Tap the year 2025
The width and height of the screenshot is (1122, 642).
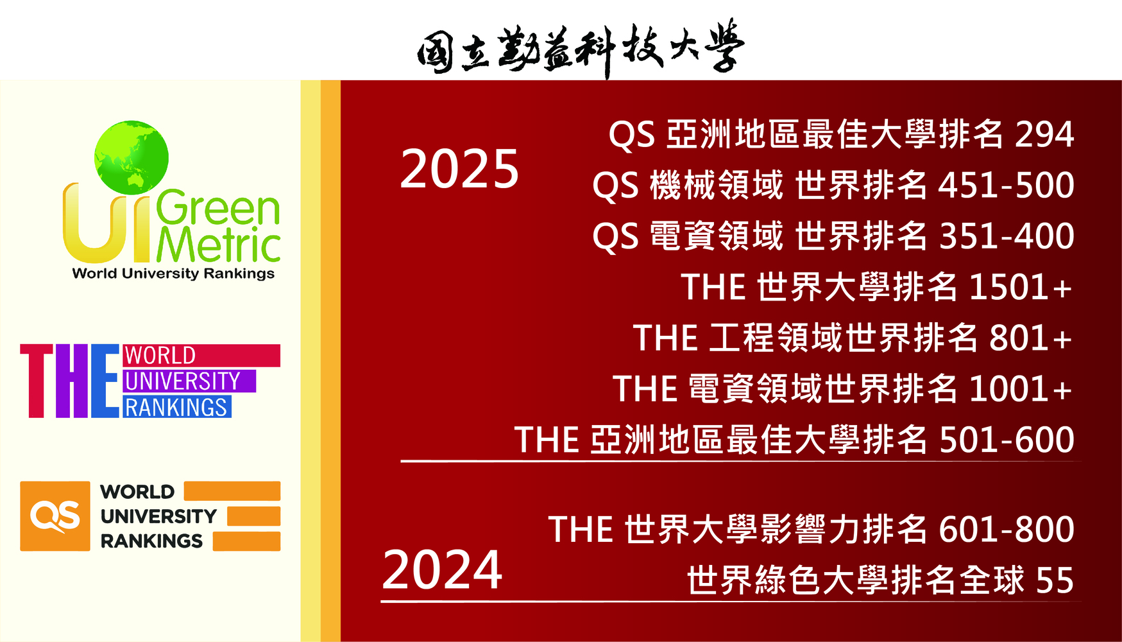pos(459,169)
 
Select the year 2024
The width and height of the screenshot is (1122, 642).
pos(442,569)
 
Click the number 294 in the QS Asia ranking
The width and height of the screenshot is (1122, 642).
pos(1044,134)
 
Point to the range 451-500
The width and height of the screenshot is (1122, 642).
pos(1007,186)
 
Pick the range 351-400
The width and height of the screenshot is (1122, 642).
pos(1007,236)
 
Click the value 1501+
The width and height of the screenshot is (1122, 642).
pos(1021,287)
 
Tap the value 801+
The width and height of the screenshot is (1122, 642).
pos(1031,338)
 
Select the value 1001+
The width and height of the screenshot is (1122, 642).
pos(1021,388)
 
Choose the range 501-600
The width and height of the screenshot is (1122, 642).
pos(1007,440)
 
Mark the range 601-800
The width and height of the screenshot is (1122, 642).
pos(1007,530)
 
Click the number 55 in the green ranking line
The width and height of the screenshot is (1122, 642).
pos(1055,580)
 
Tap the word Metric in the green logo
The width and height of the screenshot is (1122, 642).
pos(218,245)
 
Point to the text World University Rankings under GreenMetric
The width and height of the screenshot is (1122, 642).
pos(173,273)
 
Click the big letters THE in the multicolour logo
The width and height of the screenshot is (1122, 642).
pos(70,381)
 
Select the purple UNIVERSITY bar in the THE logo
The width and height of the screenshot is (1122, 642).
pos(189,381)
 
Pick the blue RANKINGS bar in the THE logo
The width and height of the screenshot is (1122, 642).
pos(177,407)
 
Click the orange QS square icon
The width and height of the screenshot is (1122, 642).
pos(55,516)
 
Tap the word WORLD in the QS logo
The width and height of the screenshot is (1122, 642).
pos(137,492)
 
